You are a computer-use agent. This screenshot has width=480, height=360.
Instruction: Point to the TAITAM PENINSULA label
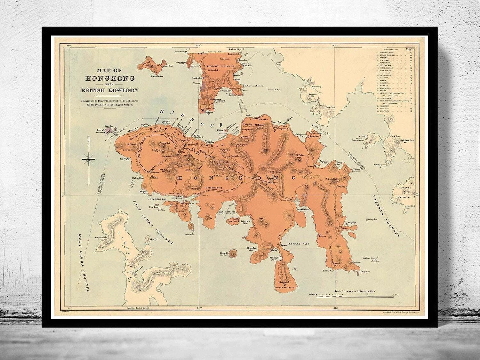pyautogui.click(x=284, y=287)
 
